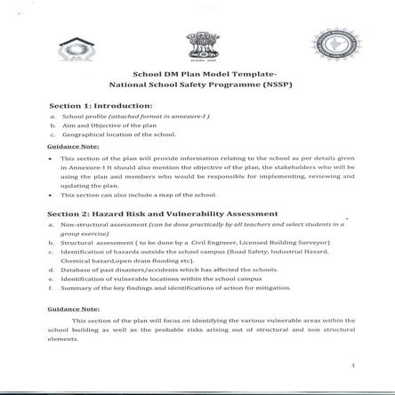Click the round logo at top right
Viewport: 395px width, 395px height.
click(x=328, y=44)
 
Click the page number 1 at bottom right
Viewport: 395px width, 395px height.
click(x=352, y=365)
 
